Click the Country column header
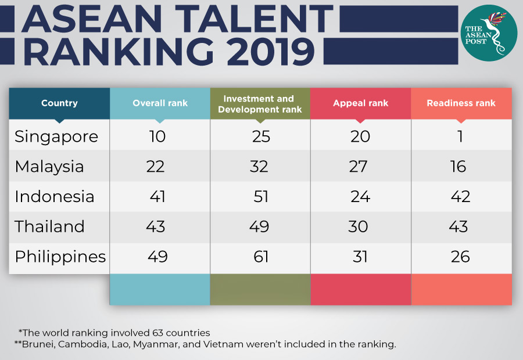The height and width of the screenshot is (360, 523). tap(59, 103)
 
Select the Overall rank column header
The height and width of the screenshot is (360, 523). tap(160, 103)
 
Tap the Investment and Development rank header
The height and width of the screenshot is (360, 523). tap(259, 103)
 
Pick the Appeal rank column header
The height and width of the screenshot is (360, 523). tap(360, 103)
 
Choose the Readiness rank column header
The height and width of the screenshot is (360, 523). tap(461, 103)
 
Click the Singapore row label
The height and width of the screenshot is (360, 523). tap(56, 137)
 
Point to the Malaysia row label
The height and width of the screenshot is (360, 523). tap(49, 167)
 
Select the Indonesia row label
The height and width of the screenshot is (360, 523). tap(55, 197)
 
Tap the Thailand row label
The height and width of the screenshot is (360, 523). tap(50, 226)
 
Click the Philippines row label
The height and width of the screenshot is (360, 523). tap(60, 257)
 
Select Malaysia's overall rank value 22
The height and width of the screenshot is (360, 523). tap(155, 167)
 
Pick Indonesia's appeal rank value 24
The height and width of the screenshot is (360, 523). tap(360, 197)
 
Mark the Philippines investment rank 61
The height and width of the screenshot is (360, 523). tap(260, 257)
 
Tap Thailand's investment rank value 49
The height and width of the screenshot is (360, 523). tap(259, 226)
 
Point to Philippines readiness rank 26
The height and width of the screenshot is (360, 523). tap(460, 257)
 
